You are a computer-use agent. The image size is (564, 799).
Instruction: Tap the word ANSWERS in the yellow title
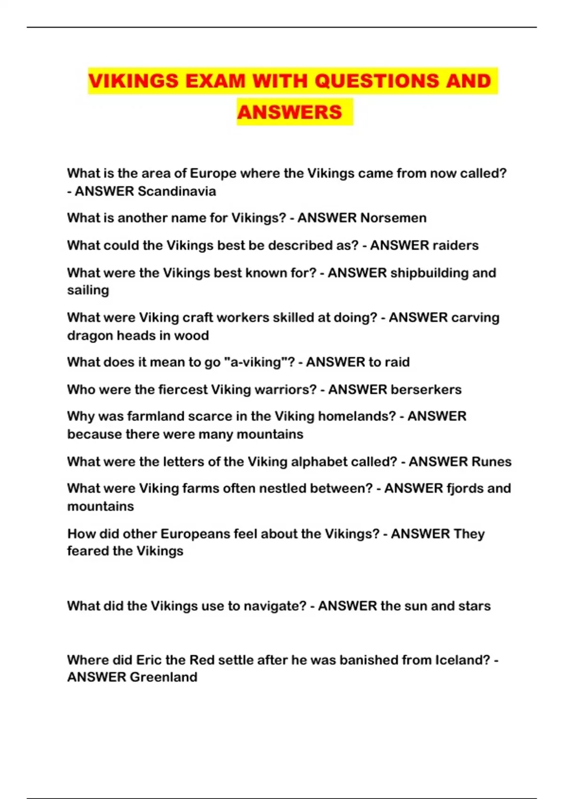click(290, 112)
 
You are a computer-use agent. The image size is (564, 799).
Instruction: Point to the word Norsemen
click(393, 218)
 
